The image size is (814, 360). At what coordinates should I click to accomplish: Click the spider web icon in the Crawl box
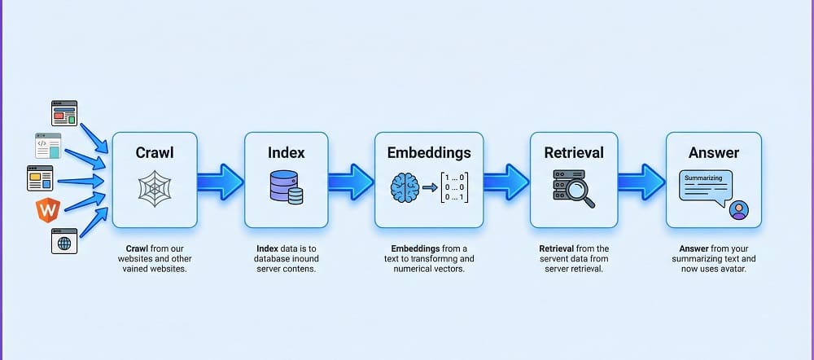(x=155, y=189)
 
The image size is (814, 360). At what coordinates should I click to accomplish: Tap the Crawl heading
(x=155, y=151)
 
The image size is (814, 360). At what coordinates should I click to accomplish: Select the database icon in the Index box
(x=286, y=187)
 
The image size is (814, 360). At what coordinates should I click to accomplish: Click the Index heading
(x=286, y=151)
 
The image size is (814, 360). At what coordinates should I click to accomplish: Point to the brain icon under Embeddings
(x=405, y=187)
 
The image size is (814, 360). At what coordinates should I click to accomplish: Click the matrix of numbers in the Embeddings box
(x=454, y=187)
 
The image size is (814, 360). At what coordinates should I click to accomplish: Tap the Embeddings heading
(x=429, y=151)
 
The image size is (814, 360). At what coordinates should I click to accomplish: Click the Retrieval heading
(x=574, y=151)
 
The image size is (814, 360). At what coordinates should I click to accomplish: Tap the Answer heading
(x=714, y=151)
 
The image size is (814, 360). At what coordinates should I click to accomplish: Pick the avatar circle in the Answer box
(x=738, y=210)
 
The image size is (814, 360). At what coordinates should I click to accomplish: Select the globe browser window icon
(x=63, y=241)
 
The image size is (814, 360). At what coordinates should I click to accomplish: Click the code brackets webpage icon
(x=47, y=145)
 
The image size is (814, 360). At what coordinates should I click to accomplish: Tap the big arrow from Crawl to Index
(x=220, y=181)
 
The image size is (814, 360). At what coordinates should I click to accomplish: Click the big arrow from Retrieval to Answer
(x=641, y=181)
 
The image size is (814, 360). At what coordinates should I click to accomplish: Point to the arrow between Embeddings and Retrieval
(x=505, y=181)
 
